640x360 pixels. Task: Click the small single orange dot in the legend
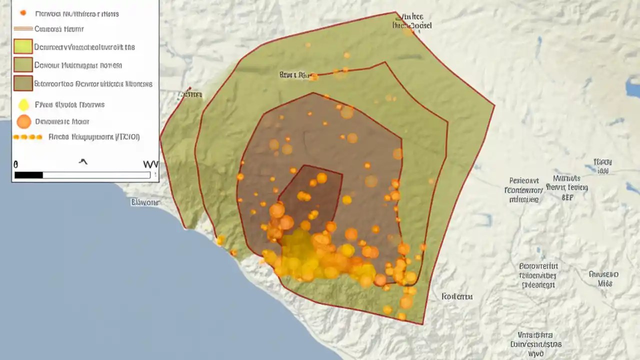23,12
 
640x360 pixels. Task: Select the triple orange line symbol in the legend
23,29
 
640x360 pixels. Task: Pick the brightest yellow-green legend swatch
23,46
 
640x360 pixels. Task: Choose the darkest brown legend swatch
23,83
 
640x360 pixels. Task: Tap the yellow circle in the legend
23,105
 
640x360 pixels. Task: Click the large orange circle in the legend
23,121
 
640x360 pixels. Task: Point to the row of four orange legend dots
27,136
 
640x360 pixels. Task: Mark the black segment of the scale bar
28,175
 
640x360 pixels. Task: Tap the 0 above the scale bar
16,164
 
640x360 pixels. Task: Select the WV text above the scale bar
150,164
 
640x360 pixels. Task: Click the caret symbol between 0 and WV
83,161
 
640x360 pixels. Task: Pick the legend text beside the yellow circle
69,105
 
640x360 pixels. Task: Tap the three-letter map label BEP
567,197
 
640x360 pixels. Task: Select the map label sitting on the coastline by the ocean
145,202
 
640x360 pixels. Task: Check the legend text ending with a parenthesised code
94,136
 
